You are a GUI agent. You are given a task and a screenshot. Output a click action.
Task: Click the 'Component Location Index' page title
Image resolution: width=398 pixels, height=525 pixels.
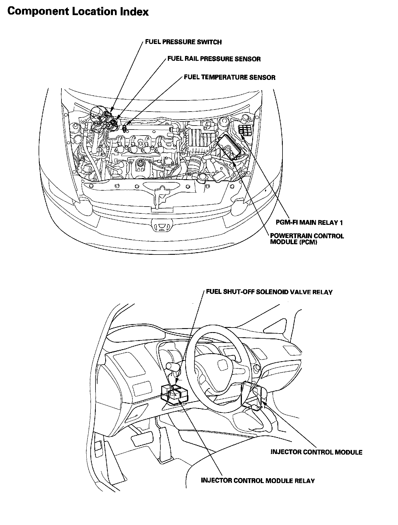pos(78,12)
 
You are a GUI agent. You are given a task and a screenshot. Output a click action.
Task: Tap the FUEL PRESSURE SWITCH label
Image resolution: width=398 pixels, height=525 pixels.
pos(183,42)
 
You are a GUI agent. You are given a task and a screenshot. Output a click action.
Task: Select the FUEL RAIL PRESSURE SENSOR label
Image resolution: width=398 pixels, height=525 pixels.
pos(214,59)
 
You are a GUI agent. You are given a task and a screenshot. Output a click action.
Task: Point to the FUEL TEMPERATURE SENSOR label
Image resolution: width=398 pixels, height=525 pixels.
pos(230,77)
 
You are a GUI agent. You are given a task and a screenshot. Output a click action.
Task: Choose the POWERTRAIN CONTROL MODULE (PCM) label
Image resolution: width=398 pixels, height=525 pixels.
pos(307,239)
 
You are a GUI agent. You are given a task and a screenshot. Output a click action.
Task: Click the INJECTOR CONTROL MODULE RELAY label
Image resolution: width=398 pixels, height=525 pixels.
pos(258,481)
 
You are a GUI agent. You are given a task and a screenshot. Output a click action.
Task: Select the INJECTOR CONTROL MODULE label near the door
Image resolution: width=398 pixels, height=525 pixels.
pos(317,452)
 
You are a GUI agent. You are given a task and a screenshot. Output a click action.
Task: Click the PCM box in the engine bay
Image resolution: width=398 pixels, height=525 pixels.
pos(230,148)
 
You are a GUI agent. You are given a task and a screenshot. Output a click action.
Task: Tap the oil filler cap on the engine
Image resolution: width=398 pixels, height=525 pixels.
pos(140,165)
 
